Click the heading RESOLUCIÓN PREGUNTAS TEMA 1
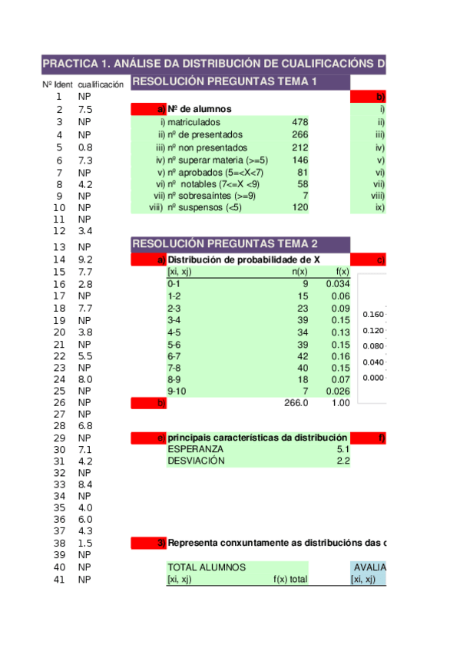[x=224, y=82]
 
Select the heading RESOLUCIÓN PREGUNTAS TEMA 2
[x=224, y=244]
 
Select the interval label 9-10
[x=177, y=392]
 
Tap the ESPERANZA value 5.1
[x=343, y=448]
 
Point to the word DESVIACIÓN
[x=196, y=461]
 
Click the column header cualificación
[x=101, y=84]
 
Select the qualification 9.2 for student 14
[x=85, y=260]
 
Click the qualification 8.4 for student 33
[x=85, y=485]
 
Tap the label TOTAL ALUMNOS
[x=207, y=567]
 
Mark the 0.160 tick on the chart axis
[x=373, y=315]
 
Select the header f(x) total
[x=290, y=580]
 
